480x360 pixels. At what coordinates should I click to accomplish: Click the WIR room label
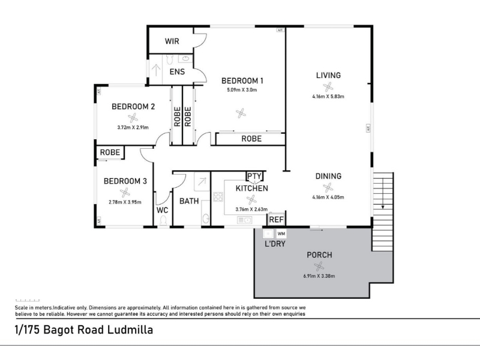[172, 41]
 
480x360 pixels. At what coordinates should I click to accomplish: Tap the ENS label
[177, 71]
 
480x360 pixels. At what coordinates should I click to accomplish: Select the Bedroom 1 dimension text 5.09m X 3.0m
[242, 90]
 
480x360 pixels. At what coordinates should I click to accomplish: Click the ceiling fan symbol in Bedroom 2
[133, 118]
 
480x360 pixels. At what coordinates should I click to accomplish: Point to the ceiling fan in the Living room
[328, 87]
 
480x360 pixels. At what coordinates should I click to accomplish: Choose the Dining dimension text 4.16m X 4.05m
[328, 197]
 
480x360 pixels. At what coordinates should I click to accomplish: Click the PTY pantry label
[254, 176]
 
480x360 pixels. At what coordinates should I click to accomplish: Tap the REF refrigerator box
[277, 219]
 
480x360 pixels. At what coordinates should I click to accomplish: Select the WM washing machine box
[281, 234]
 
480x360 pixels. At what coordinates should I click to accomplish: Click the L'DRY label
[275, 244]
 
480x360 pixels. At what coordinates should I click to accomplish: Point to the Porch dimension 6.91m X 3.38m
[319, 276]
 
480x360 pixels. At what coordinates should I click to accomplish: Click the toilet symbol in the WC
[163, 220]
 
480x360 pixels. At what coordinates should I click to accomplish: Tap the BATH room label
[189, 201]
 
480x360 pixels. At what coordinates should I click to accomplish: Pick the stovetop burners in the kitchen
[218, 197]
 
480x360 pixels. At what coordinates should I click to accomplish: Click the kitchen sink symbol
[245, 220]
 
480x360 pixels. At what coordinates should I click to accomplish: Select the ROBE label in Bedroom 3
[110, 152]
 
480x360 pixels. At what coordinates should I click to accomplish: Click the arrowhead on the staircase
[383, 207]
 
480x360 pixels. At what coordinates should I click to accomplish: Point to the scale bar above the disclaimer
[28, 301]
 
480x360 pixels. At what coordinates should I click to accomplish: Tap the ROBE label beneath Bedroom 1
[251, 139]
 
